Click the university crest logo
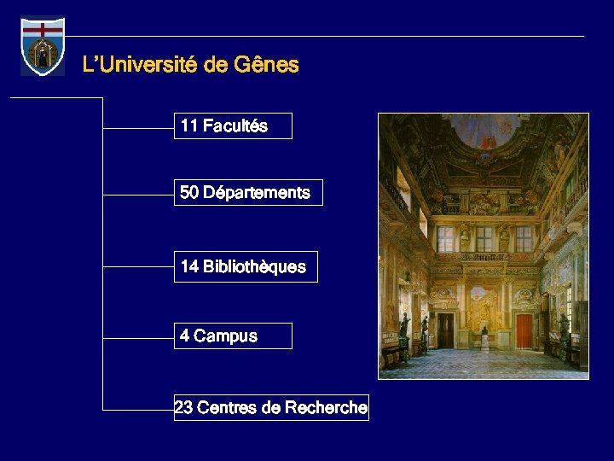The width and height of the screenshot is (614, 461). tap(43, 47)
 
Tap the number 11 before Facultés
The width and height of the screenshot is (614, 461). tap(189, 126)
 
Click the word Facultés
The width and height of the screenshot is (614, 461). tap(235, 126)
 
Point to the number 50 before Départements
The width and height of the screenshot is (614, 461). tap(189, 193)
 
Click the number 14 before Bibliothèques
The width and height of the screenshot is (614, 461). tap(189, 267)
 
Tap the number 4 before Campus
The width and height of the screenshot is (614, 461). tap(185, 336)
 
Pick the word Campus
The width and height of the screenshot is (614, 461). tap(225, 336)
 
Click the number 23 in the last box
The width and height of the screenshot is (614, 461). tap(183, 408)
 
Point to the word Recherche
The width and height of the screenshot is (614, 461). tap(327, 408)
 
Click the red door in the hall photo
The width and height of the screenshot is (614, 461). tap(524, 330)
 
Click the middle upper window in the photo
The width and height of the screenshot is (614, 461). tap(484, 239)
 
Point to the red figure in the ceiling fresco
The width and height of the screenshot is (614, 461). tap(487, 137)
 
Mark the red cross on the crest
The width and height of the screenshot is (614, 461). tap(43, 29)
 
